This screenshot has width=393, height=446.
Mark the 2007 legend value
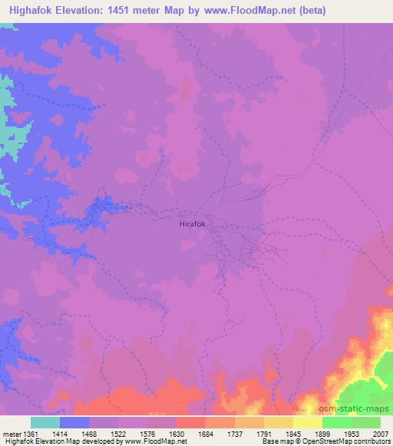[x=382, y=433]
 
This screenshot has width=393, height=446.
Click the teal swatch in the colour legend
[x=45, y=422]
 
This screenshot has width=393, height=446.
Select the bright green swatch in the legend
[x=337, y=422]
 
